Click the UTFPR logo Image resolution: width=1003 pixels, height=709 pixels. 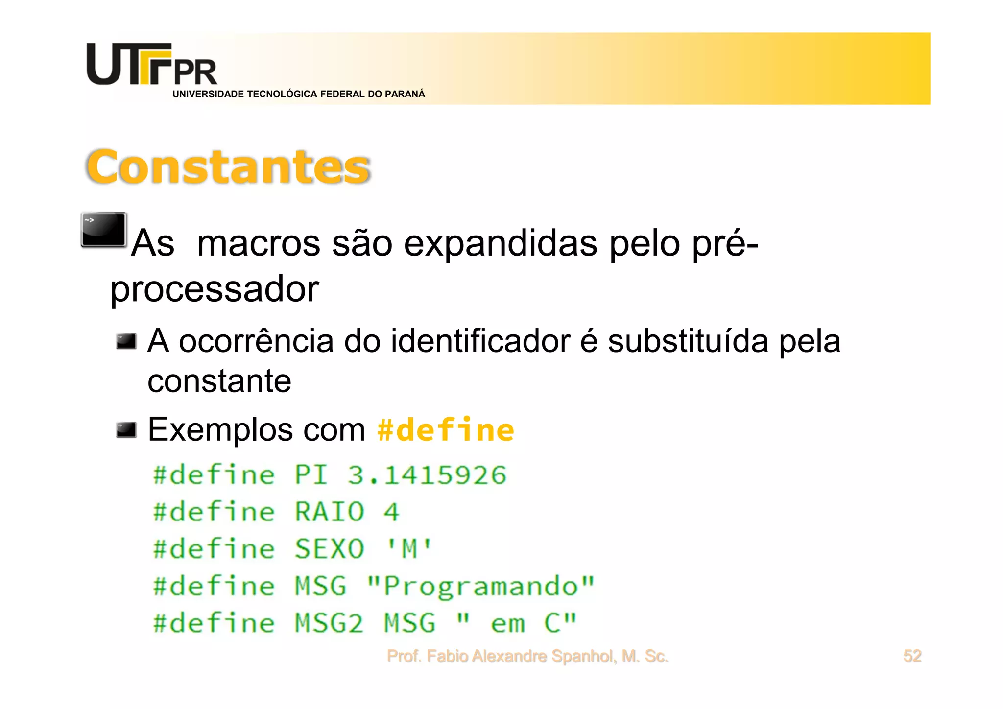coord(152,65)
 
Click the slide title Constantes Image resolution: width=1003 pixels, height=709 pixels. coord(228,167)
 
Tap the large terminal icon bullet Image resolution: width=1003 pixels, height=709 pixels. coord(104,230)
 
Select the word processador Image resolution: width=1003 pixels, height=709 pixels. coord(215,289)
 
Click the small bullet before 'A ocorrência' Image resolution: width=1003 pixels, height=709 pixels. coord(126,341)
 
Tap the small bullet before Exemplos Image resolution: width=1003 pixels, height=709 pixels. coord(126,430)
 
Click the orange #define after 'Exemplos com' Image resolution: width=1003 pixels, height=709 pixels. coord(446,430)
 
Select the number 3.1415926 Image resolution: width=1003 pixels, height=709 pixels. coord(427,475)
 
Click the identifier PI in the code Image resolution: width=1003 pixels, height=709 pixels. coord(311,475)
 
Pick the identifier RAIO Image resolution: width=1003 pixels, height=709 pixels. coord(330,512)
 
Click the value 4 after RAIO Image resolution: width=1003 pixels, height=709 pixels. coord(391,512)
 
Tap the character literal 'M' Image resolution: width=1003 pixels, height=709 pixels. coord(409,549)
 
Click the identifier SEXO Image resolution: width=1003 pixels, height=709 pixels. coord(330,549)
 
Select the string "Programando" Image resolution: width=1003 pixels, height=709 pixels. coord(480,586)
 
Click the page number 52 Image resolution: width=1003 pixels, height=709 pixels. coord(912,656)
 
